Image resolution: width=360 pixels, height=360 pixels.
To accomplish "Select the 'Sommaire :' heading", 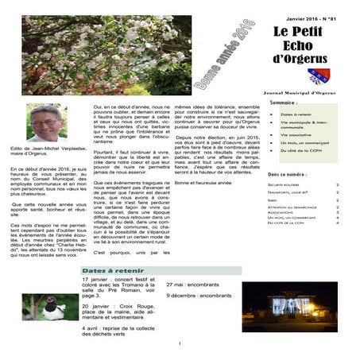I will pyautogui.click(x=284, y=103).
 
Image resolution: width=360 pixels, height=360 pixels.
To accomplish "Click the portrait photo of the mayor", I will pyautogui.click(x=46, y=122).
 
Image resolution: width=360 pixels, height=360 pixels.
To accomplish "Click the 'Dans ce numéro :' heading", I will pyautogui.click(x=287, y=173).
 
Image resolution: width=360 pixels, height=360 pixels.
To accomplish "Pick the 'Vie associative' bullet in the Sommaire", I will pyautogui.click(x=296, y=134).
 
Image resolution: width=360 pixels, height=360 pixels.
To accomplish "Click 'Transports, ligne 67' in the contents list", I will pyautogui.click(x=289, y=192).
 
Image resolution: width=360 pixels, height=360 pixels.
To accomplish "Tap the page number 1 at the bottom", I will pyautogui.click(x=180, y=343).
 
